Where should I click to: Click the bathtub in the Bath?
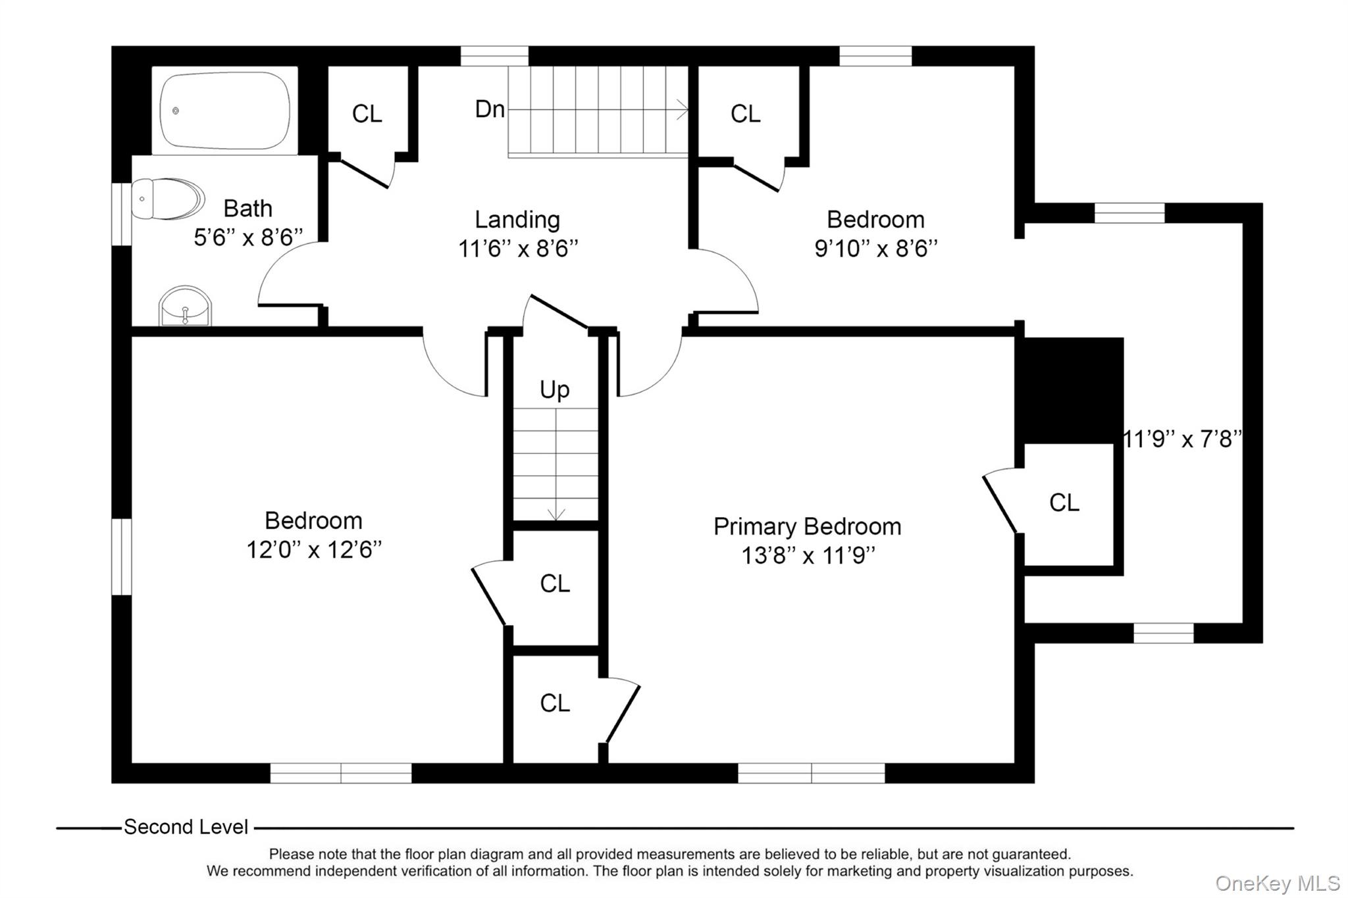point(225,111)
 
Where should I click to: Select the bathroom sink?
point(185,307)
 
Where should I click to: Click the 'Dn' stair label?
point(490,109)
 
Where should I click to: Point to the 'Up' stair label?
point(554,389)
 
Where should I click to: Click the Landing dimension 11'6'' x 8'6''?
point(518,249)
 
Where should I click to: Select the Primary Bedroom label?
point(807,526)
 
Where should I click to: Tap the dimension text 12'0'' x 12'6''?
point(313,549)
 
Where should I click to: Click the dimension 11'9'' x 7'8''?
point(1182,439)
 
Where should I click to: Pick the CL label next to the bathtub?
point(367,114)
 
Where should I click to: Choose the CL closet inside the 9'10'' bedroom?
point(745,114)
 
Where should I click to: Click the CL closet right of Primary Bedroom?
point(1064,503)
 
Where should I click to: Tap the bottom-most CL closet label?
point(554,703)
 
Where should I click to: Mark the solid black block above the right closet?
point(1070,390)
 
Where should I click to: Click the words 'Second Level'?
point(186,827)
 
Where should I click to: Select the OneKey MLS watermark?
point(1277,883)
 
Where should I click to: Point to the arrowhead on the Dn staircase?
point(684,109)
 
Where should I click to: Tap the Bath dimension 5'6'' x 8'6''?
point(248,237)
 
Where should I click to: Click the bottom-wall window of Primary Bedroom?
point(811,773)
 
